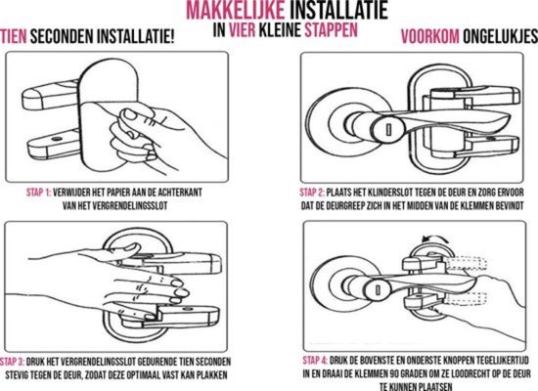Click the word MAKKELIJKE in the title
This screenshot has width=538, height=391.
236,10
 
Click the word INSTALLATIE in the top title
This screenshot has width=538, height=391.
339,10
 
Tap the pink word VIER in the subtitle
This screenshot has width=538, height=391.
243,30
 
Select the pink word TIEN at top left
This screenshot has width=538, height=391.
13,37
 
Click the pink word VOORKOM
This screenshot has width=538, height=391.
430,37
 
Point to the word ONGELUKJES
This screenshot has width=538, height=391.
500,37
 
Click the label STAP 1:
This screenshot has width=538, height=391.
38,193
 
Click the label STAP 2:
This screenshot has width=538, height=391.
312,193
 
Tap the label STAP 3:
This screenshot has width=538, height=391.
12,362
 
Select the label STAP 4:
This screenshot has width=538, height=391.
315,361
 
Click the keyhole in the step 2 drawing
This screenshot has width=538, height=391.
388,130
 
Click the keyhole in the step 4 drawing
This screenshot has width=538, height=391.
378,290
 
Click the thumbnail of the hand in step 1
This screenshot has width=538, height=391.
130,114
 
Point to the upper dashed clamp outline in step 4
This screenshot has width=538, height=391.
467,263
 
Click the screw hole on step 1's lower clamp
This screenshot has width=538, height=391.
57,139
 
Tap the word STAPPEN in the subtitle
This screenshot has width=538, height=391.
331,30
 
